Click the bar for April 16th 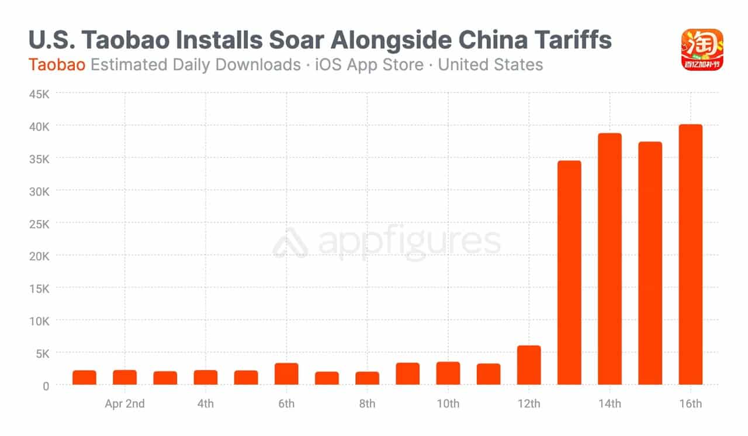[x=690, y=255]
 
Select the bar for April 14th [x=610, y=259]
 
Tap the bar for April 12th [x=529, y=365]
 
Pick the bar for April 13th [x=569, y=273]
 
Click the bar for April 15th [x=650, y=263]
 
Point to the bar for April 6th [x=286, y=374]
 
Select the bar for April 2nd [x=125, y=377]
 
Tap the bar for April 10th [x=448, y=373]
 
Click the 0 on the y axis [x=46, y=386]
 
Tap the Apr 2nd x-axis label [x=124, y=404]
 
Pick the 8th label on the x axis [x=367, y=404]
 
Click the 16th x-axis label [x=690, y=404]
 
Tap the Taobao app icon [x=702, y=50]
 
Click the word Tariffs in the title [x=565, y=40]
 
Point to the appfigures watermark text [x=409, y=242]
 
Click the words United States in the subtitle [x=490, y=64]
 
